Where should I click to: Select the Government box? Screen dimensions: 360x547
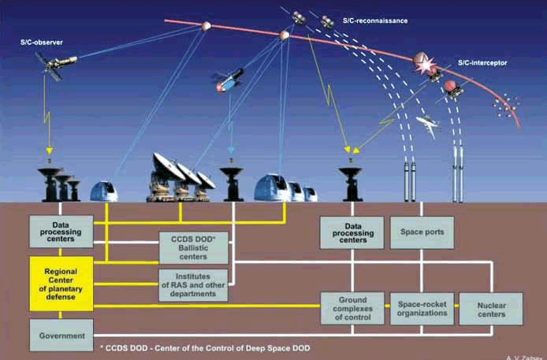pos(61,335)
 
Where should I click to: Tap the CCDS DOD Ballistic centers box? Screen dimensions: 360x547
pos(193,246)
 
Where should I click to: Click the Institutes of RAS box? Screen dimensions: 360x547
pos(193,284)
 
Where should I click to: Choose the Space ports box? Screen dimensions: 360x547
pos(422,232)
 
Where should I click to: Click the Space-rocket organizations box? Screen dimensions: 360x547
pos(422,307)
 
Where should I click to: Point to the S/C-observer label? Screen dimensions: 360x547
pos(43,40)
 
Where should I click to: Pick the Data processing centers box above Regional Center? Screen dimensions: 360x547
pos(61,232)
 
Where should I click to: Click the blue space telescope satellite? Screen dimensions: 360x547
pos(227,80)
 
